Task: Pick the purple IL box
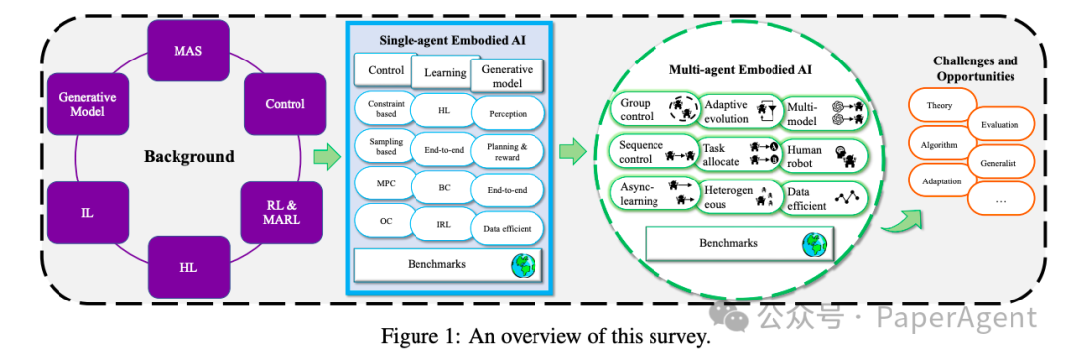(86, 211)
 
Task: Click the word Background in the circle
(188, 156)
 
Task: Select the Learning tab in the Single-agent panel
(445, 72)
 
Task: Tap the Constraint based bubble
(384, 109)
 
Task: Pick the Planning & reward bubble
(507, 149)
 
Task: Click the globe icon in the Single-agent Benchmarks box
(522, 265)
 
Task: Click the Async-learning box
(651, 194)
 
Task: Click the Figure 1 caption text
(545, 335)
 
